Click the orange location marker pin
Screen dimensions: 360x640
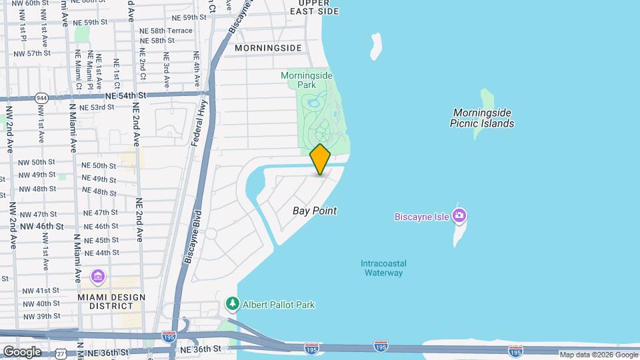(321, 159)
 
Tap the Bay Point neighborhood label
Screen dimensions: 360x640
(315, 211)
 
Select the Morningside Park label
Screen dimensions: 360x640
(307, 81)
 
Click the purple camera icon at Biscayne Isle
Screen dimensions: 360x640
(459, 215)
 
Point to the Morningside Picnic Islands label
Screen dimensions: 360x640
(482, 118)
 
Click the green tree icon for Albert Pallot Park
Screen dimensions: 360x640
(233, 304)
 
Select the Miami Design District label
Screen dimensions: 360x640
(111, 301)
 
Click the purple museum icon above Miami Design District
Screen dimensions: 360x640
(98, 276)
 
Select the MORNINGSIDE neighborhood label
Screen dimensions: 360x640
(268, 48)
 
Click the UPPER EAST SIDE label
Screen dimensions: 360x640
(315, 7)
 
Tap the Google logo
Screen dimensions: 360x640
(22, 351)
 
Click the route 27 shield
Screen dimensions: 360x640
(61, 353)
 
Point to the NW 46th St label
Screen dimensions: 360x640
(42, 226)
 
